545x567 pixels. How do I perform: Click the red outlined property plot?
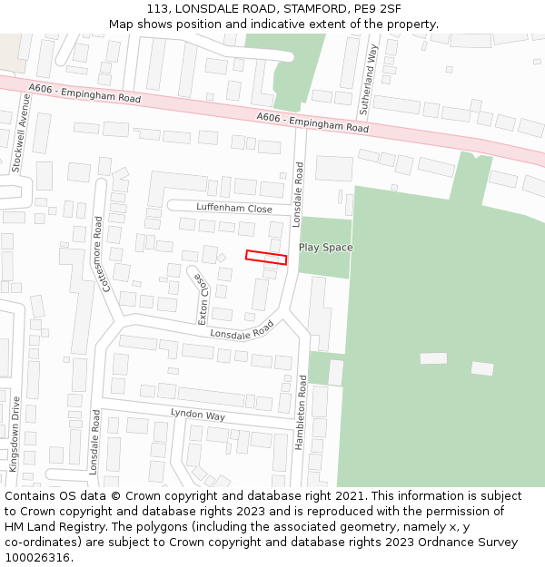click(x=266, y=258)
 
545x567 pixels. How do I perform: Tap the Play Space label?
click(x=326, y=248)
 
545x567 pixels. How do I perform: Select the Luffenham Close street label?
click(x=234, y=209)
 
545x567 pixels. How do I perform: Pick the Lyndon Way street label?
click(x=198, y=415)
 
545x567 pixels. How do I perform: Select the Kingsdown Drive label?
click(x=14, y=432)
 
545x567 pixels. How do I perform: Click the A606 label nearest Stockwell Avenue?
click(x=84, y=93)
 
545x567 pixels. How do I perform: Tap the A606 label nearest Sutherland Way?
click(x=312, y=122)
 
